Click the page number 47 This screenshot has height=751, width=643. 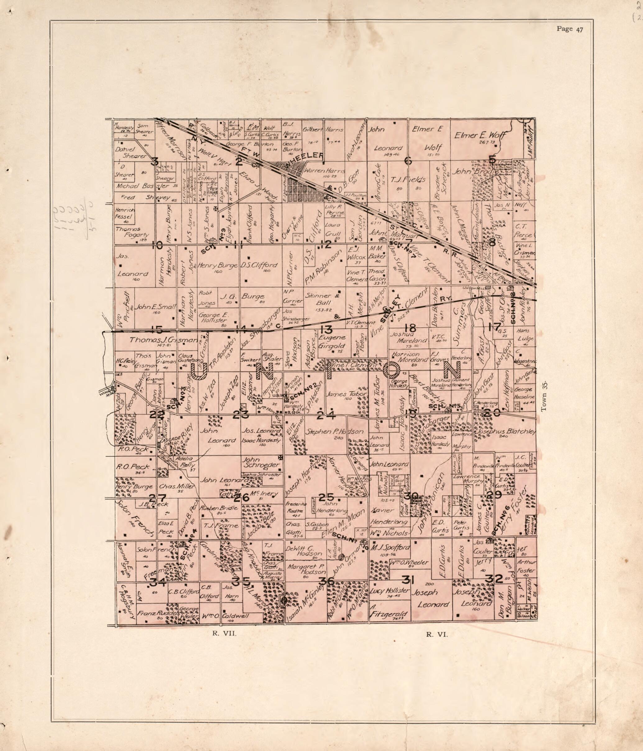pos(570,30)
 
